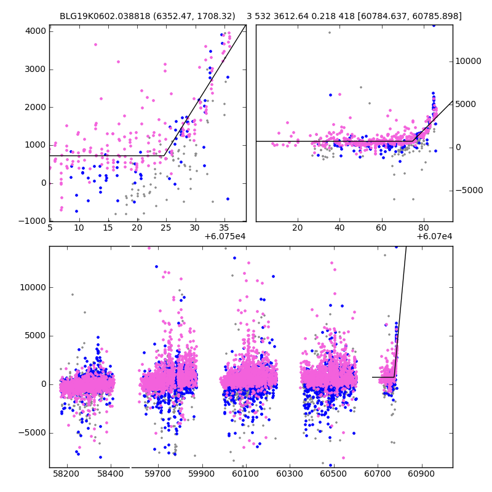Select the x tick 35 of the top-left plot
224,228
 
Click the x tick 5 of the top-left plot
50,228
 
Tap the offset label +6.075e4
225,236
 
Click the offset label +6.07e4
434,236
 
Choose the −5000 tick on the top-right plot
469,190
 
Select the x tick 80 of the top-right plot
423,228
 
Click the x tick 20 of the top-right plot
298,228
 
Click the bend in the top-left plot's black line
164,156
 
